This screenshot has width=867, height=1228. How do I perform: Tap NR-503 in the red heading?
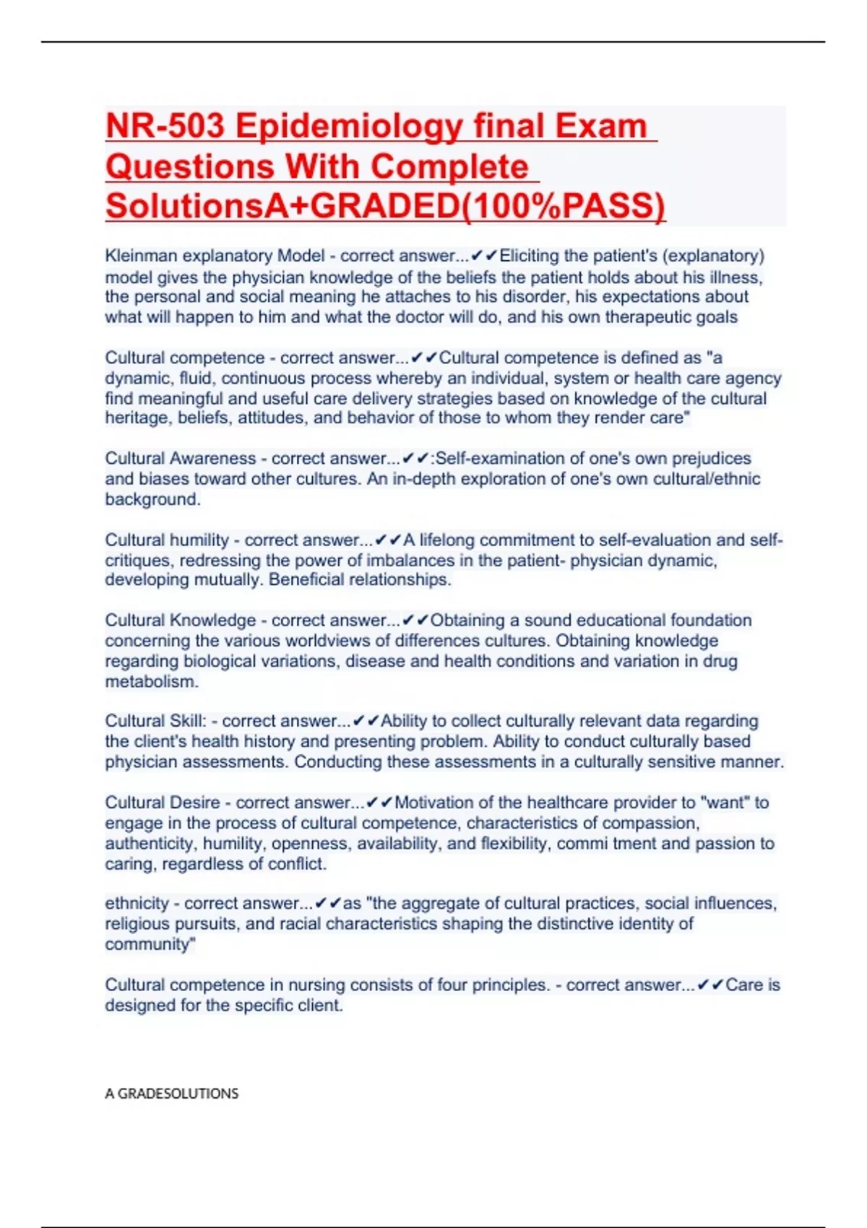[165, 126]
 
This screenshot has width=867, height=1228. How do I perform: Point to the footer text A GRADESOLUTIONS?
[171, 1094]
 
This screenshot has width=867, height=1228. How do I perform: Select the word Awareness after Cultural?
[212, 459]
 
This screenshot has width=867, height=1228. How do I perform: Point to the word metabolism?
[151, 681]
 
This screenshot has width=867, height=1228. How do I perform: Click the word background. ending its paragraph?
[152, 499]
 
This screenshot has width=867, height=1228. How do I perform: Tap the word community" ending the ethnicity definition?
[150, 944]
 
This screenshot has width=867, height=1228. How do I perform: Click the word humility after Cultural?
[198, 540]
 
